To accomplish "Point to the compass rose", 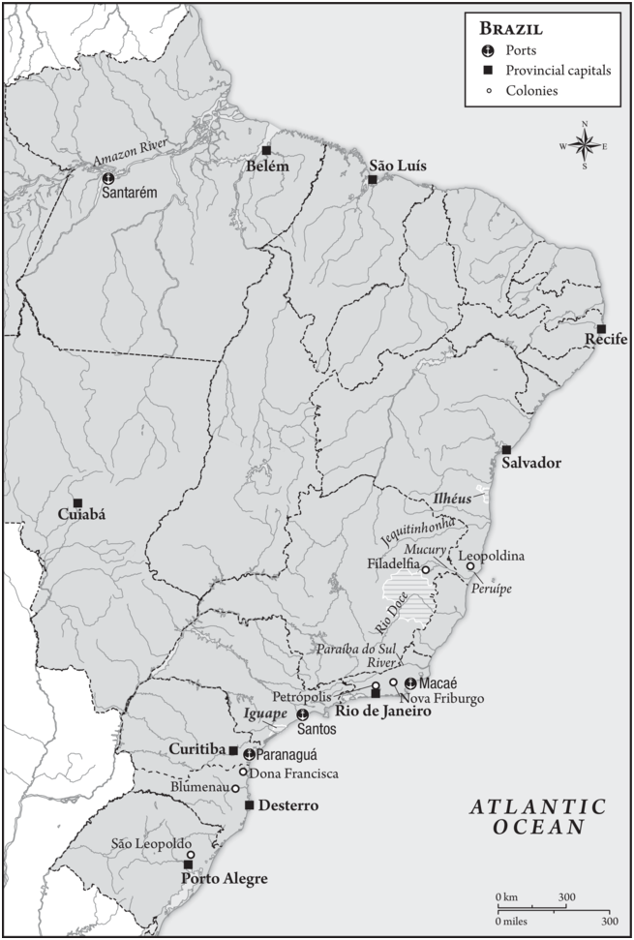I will coord(585,146).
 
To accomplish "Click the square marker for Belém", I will coord(266,150).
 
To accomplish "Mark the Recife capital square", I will coord(601,329).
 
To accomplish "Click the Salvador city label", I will coord(531,464).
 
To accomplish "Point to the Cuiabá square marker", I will coord(77,502).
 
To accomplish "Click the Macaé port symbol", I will coord(410,683).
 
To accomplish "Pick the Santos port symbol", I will coord(302,714).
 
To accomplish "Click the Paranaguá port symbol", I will coord(249,754).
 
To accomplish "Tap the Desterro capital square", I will coord(249,805).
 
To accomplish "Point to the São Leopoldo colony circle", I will coord(191,855).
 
